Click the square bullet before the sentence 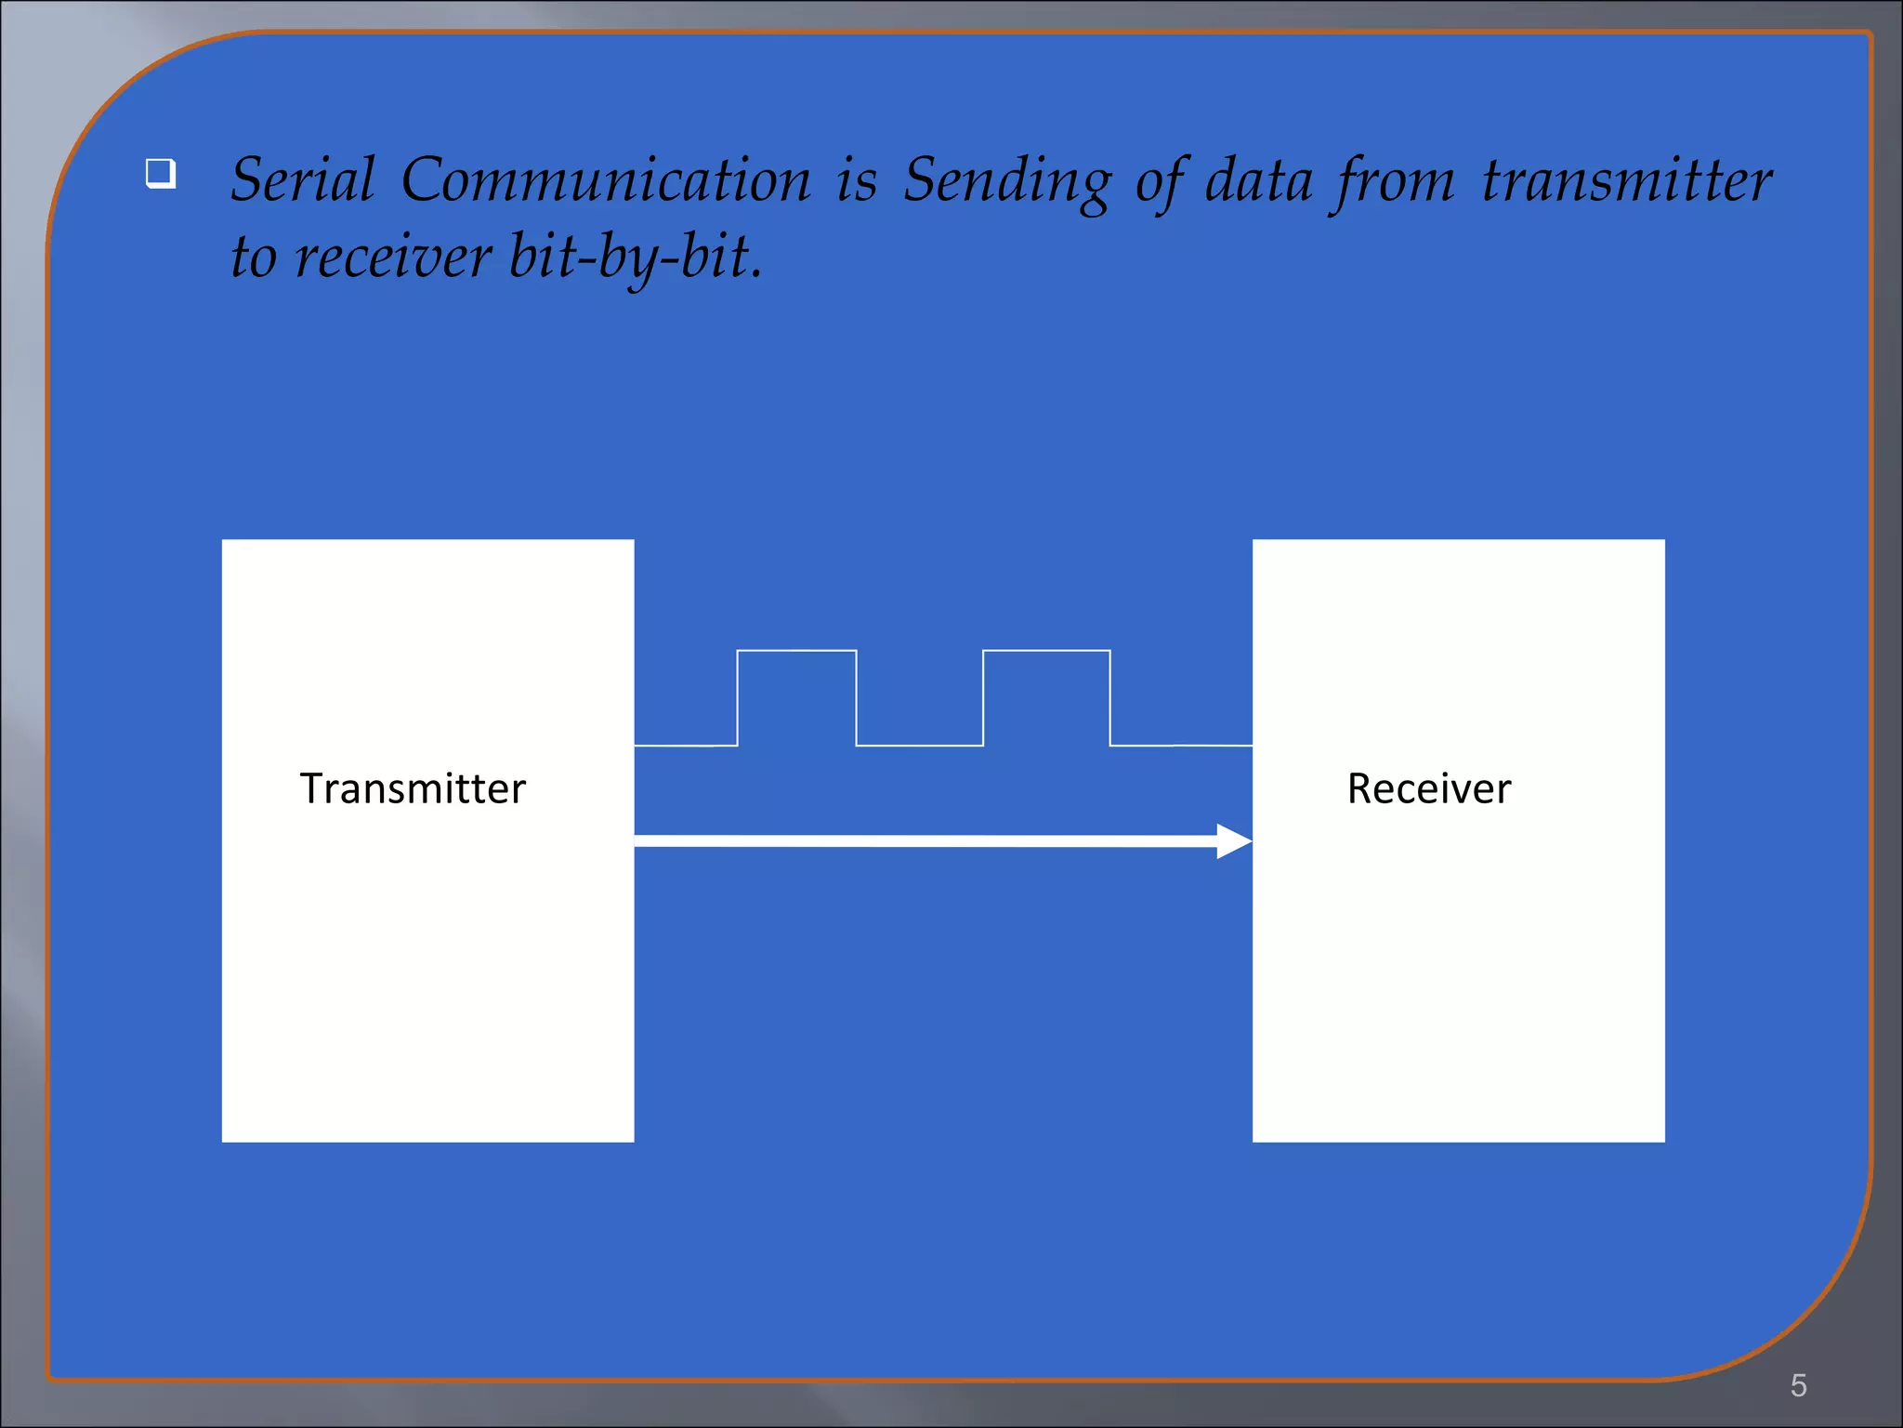(161, 174)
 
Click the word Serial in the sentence (302, 179)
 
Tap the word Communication (606, 179)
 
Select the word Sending (1006, 181)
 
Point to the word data (1258, 179)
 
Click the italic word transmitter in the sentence (1626, 179)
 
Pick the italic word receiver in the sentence (393, 257)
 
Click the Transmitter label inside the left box (413, 788)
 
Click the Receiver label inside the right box (1429, 788)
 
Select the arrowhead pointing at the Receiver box (1234, 841)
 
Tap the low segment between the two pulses (919, 745)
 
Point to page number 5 (1798, 1385)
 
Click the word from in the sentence (1394, 181)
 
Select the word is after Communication (856, 179)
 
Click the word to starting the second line (254, 258)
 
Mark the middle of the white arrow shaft (925, 841)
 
